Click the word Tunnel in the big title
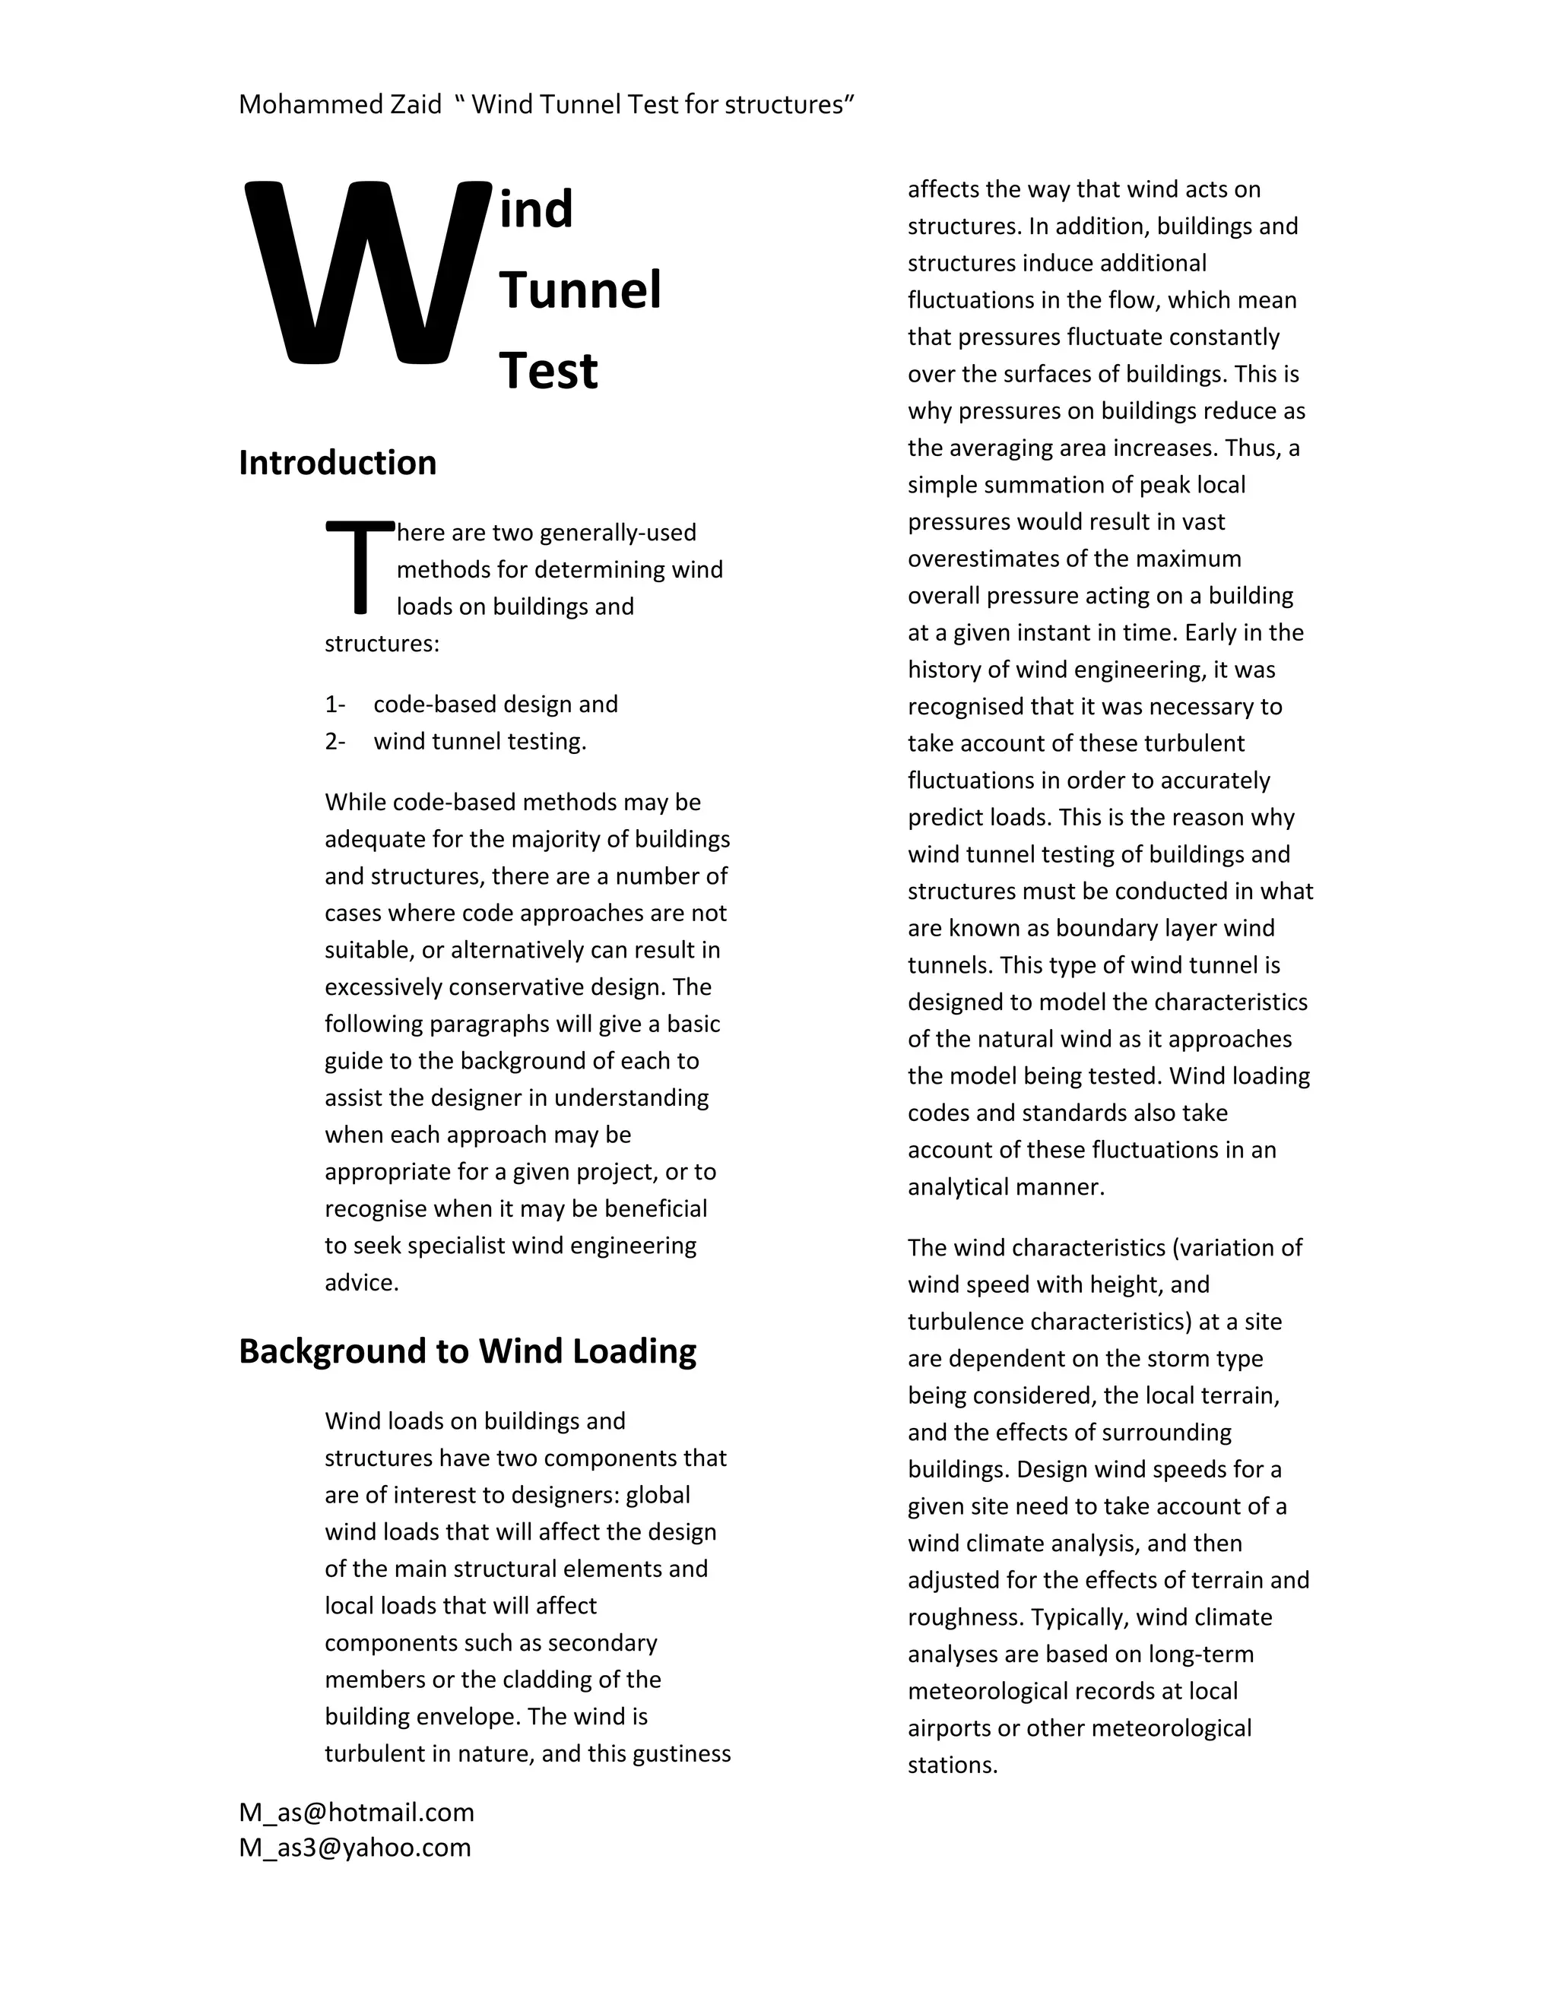click(x=580, y=290)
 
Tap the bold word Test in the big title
click(x=549, y=372)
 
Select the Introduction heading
click(x=338, y=463)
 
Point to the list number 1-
click(x=335, y=705)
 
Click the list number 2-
click(x=335, y=742)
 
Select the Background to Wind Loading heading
click(x=468, y=1351)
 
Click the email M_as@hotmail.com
click(x=356, y=1812)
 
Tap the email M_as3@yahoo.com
click(x=354, y=1847)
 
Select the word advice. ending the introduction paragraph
click(x=362, y=1283)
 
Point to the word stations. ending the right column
click(x=953, y=1765)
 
